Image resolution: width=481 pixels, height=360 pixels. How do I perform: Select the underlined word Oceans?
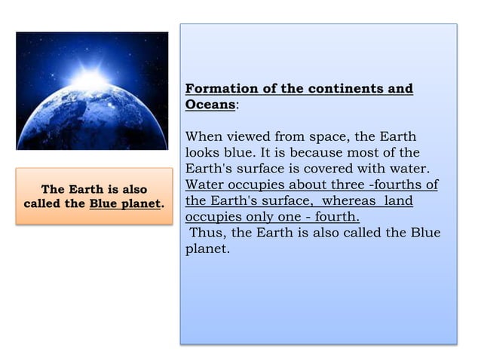point(210,105)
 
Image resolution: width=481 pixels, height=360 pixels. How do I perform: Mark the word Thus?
point(207,233)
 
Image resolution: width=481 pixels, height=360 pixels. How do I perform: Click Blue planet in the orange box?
point(124,204)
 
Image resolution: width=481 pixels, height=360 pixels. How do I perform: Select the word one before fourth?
point(297,218)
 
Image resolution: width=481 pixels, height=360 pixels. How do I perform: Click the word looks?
point(204,153)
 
